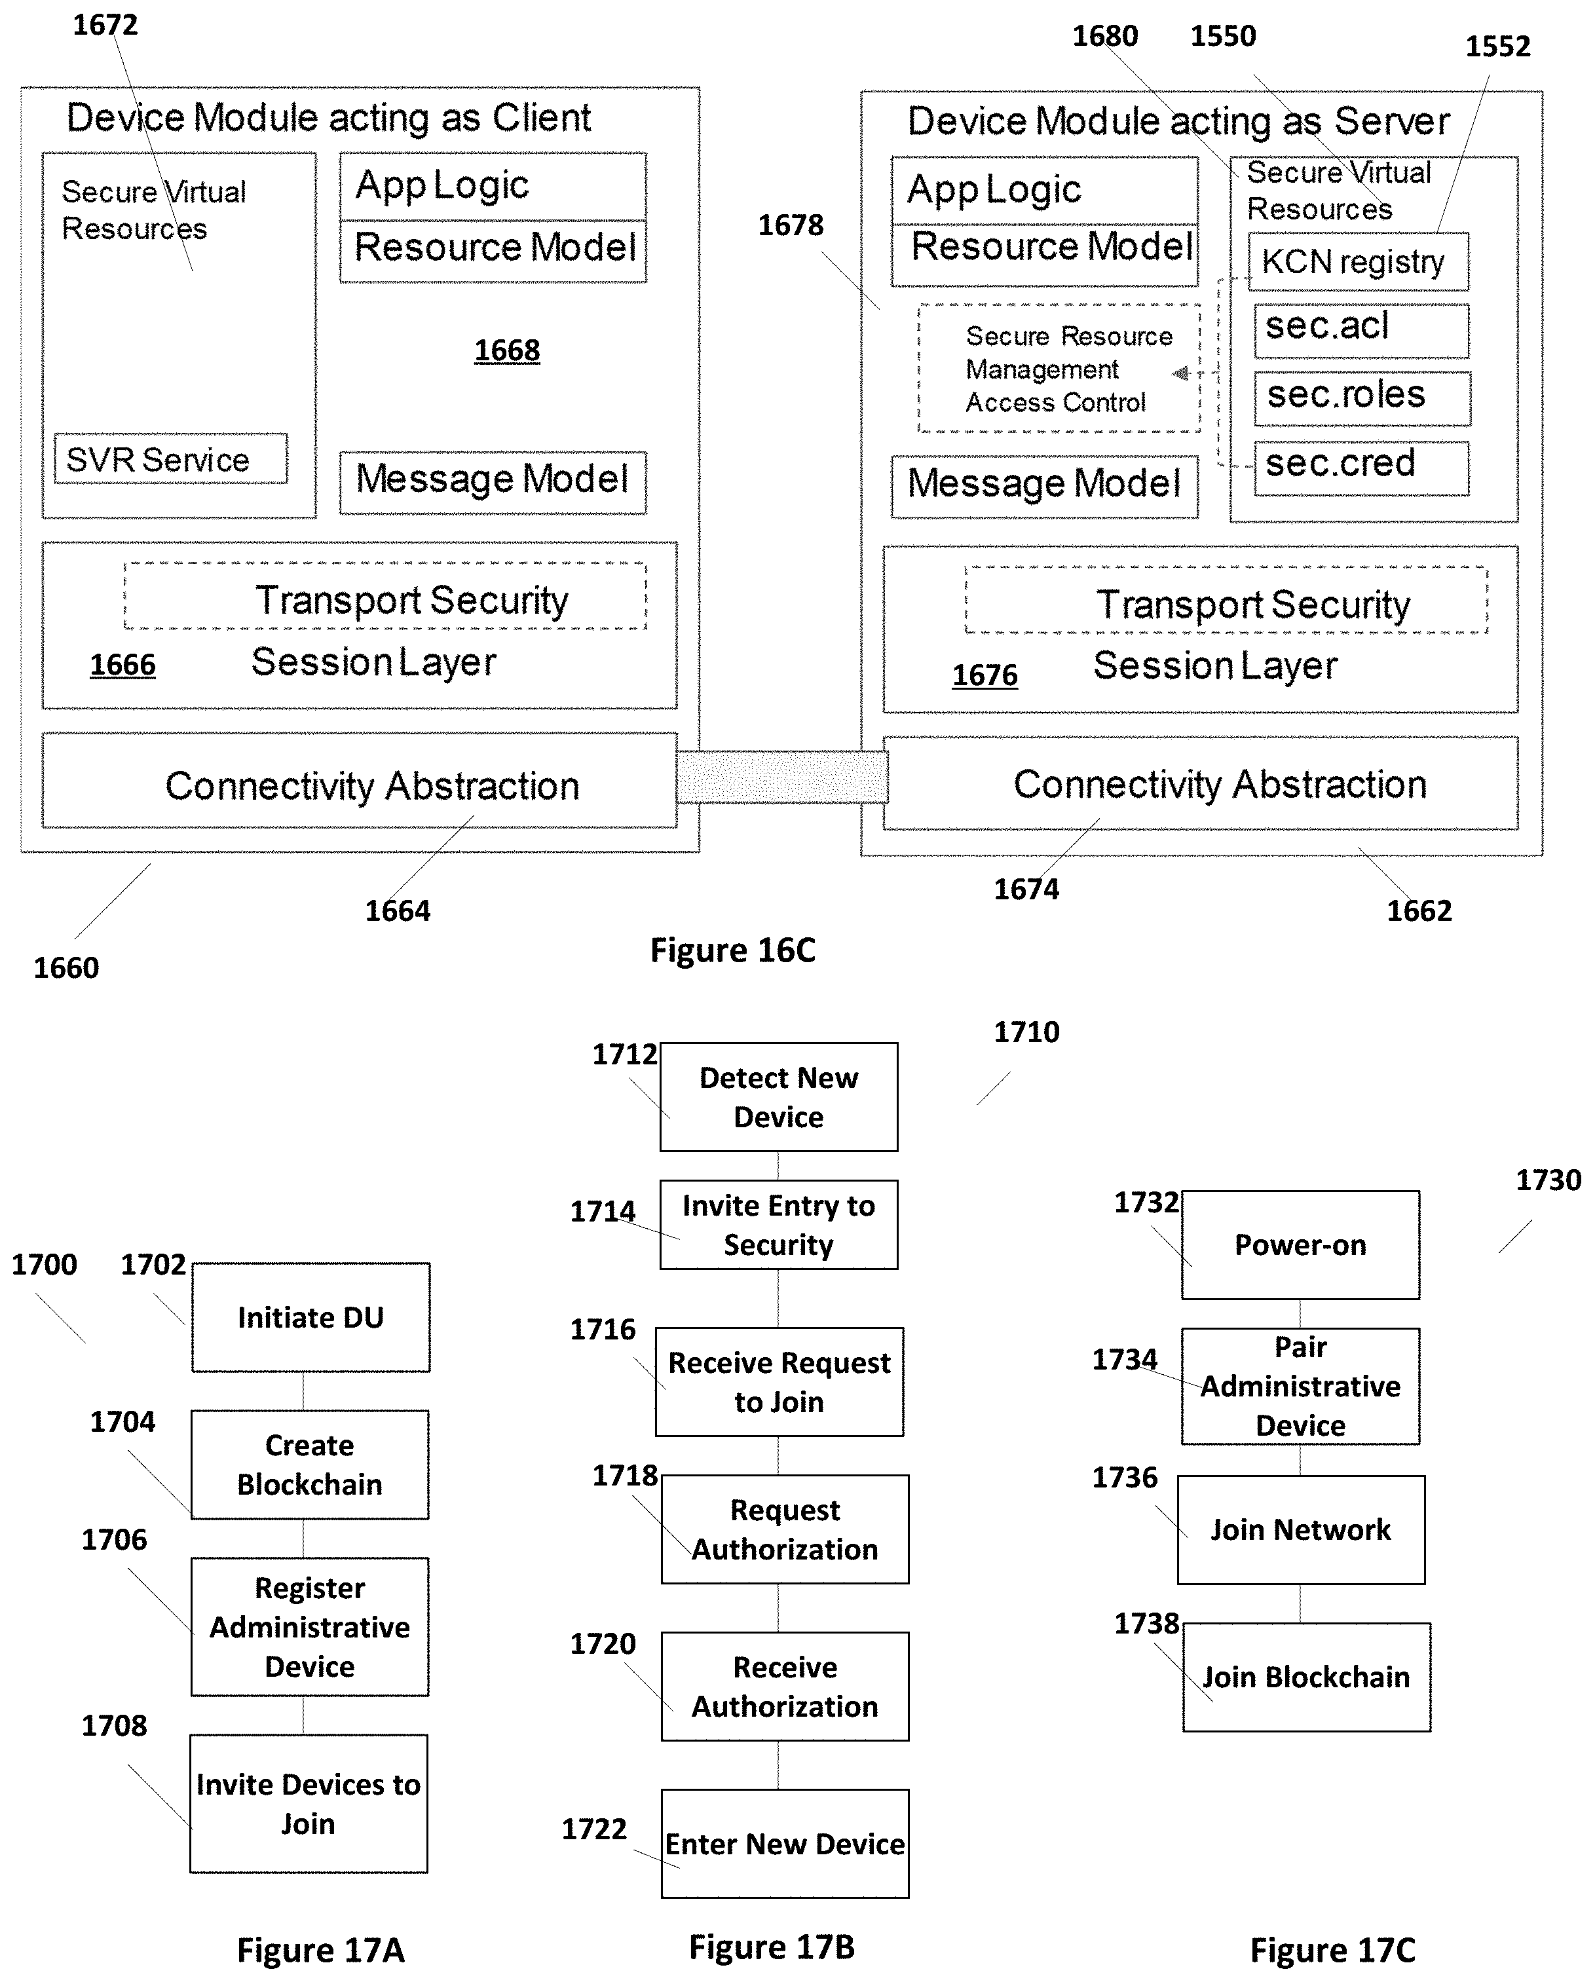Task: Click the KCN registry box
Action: pos(1358,262)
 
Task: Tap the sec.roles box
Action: pos(1362,398)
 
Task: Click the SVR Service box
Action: pos(171,458)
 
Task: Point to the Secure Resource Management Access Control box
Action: pos(1059,369)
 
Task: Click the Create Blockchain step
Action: pos(310,1465)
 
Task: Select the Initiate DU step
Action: pos(310,1317)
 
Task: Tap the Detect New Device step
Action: pos(779,1096)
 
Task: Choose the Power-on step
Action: pos(1300,1244)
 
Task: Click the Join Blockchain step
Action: pos(1306,1677)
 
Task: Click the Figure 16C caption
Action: pos(733,950)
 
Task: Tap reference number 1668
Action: pos(506,350)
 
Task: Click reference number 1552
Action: pos(1497,46)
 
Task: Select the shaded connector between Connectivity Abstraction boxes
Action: pos(782,777)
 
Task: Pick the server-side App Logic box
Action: pos(1044,191)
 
